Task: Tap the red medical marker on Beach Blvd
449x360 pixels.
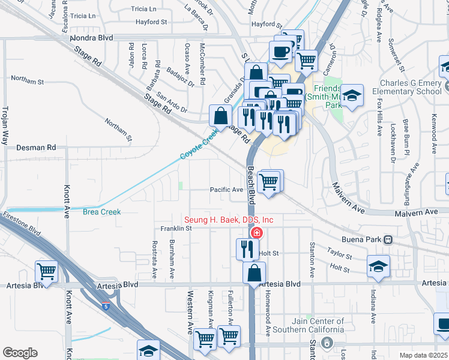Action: point(256,233)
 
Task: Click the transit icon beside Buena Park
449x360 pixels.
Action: point(388,239)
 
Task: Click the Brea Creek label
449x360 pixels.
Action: point(102,212)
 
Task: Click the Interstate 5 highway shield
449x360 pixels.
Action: point(106,306)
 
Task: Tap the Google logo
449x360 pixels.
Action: point(20,353)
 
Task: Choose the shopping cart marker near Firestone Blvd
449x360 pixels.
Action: point(46,271)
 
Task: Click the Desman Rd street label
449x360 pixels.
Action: point(36,147)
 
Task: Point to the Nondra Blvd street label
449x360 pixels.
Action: point(92,37)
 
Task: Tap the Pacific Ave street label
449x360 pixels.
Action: point(226,190)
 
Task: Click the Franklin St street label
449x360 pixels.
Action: point(175,229)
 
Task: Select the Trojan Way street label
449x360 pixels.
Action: point(5,126)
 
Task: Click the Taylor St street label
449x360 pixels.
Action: point(339,254)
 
